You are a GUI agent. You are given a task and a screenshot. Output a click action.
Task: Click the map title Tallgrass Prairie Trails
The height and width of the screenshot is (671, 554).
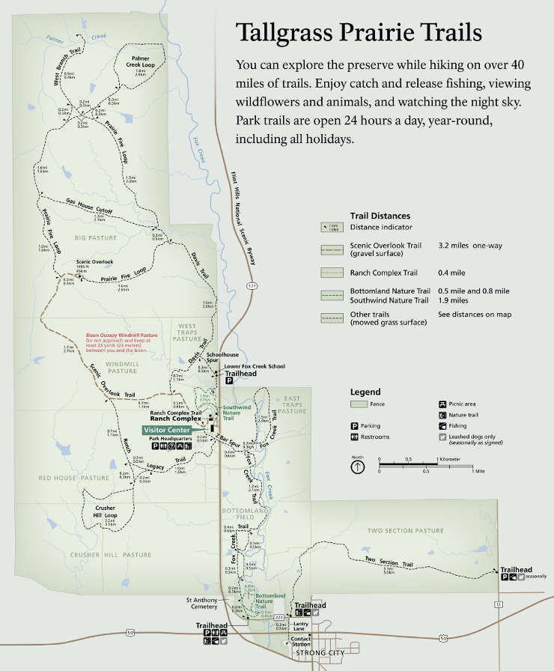359,33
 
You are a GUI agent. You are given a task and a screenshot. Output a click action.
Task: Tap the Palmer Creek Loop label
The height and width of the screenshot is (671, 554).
141,61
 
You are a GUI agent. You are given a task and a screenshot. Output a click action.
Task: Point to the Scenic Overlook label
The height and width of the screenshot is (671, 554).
94,262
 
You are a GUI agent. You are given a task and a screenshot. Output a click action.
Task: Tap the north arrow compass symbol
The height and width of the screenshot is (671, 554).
358,467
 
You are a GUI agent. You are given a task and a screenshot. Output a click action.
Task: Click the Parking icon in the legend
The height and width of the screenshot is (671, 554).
354,426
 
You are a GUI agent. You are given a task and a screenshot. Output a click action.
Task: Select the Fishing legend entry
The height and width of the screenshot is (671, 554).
442,426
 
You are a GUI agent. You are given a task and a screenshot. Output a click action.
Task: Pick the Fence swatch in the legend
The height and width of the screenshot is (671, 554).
359,404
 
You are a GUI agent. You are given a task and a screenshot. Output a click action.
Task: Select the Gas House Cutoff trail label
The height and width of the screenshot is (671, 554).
89,206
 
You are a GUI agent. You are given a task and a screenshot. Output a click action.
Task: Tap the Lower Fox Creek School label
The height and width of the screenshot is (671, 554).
255,366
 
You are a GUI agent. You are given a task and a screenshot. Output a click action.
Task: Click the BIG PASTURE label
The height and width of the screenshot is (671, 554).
97,237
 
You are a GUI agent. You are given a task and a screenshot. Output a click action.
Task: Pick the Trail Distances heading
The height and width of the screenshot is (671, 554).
380,216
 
